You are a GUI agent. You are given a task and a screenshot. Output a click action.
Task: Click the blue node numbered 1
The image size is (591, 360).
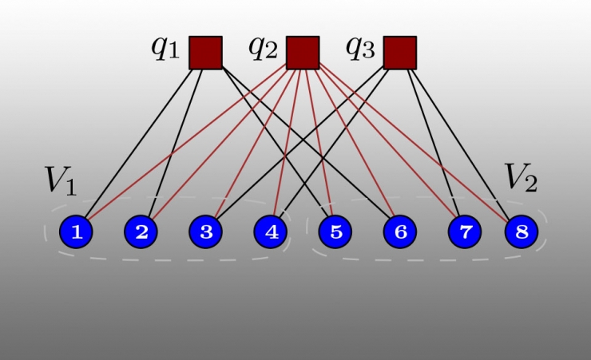click(77, 232)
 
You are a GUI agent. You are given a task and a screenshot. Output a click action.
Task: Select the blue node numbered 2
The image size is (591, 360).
click(141, 232)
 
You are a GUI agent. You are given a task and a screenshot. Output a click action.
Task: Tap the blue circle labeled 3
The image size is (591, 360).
click(206, 232)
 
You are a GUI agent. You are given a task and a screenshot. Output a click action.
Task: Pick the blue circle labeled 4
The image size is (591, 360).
click(271, 232)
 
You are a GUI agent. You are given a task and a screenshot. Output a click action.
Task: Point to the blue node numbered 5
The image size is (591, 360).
click(335, 232)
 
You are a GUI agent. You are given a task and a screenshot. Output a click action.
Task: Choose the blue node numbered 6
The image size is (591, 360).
click(400, 232)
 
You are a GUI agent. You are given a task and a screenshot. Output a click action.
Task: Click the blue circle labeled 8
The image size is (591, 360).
click(522, 232)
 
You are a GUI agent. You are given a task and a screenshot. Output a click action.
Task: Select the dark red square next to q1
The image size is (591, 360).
click(205, 52)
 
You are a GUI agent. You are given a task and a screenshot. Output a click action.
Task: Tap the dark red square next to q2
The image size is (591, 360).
click(303, 52)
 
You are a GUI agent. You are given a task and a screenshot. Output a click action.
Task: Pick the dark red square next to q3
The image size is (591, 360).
click(399, 52)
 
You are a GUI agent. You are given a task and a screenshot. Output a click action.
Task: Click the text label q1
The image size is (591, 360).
click(165, 48)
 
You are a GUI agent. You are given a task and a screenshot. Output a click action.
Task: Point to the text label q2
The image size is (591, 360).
click(263, 48)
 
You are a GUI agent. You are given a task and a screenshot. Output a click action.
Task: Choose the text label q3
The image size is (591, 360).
click(359, 48)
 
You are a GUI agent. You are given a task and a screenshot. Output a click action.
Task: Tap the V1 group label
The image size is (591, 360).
click(61, 181)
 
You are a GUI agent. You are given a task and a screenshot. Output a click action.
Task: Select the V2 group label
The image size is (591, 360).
click(520, 179)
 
